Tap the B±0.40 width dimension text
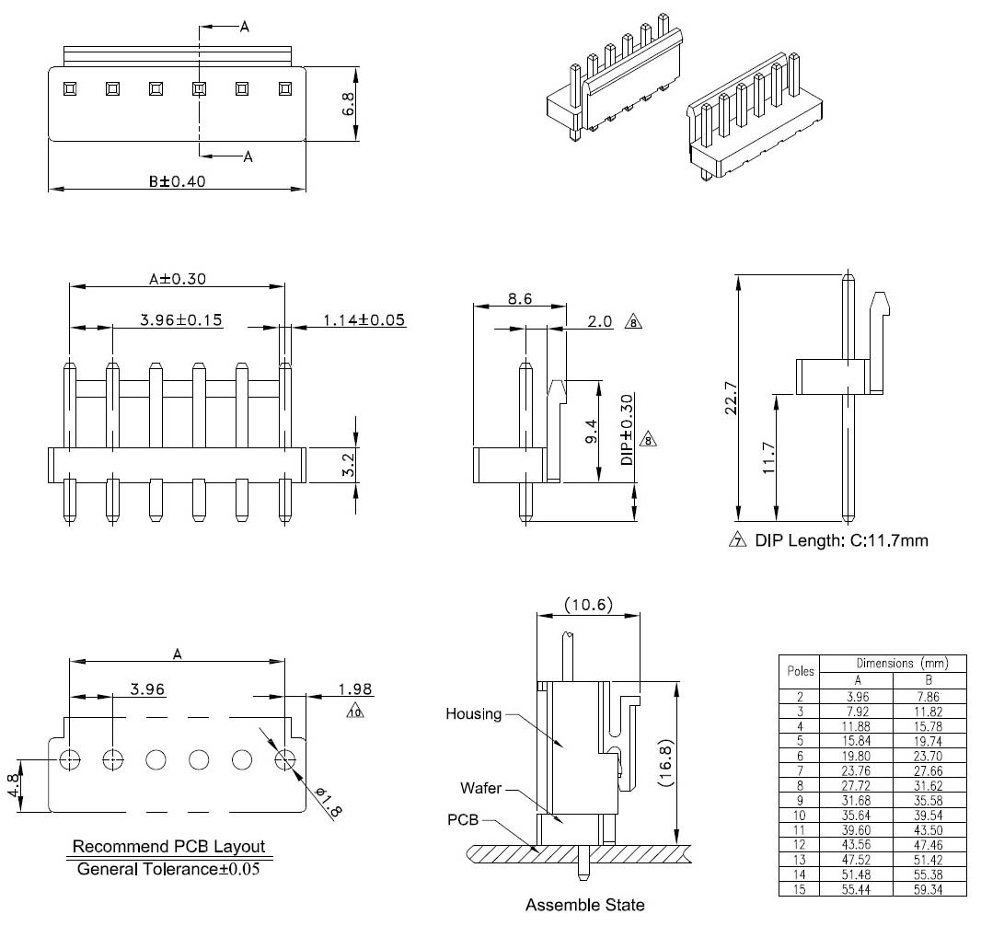click(177, 181)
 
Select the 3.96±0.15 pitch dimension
click(181, 320)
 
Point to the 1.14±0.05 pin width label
click(364, 320)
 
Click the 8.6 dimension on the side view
click(519, 299)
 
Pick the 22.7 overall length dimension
click(730, 399)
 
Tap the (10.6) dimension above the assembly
click(587, 604)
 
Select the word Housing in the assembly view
click(473, 713)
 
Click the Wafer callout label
click(481, 788)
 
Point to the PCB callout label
click(463, 819)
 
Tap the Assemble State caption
click(584, 905)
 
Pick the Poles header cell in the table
click(799, 671)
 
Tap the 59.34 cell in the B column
click(929, 890)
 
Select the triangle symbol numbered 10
click(355, 712)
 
